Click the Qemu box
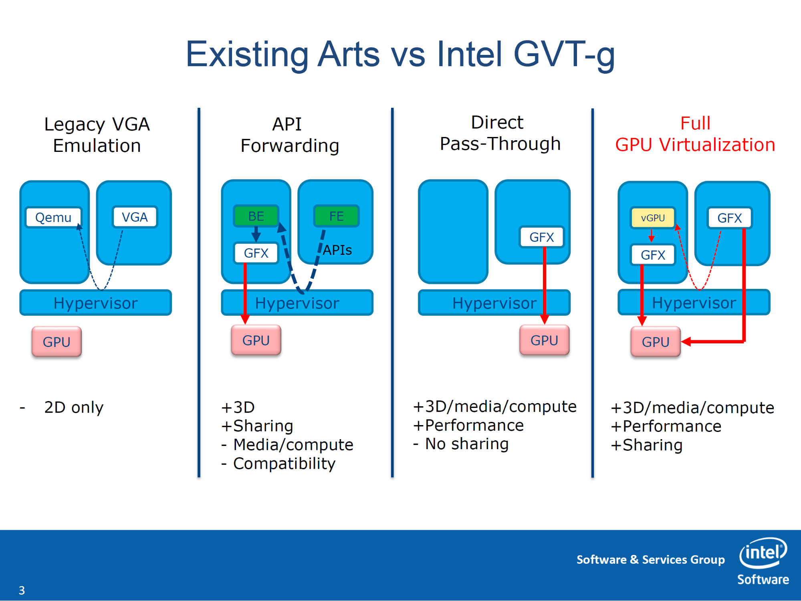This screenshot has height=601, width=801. click(53, 217)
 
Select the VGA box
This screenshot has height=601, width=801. click(135, 217)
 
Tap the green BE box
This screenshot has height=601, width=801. click(256, 216)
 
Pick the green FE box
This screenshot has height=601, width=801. click(336, 216)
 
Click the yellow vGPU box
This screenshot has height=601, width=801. click(652, 218)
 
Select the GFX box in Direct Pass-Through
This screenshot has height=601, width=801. click(541, 237)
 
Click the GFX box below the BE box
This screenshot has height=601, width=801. click(256, 253)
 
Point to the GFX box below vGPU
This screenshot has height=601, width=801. click(653, 255)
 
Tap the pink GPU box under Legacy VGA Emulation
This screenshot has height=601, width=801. click(56, 342)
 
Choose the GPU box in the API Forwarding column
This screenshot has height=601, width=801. click(256, 340)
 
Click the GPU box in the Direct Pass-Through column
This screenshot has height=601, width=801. click(544, 340)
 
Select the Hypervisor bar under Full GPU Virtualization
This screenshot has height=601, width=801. click(694, 303)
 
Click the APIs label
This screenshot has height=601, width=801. click(337, 250)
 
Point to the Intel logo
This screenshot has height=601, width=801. click(763, 553)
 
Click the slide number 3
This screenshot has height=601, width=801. click(22, 590)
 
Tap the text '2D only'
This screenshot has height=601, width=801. click(74, 407)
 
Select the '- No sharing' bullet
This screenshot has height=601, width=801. click(461, 444)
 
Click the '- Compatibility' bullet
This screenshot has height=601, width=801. click(278, 464)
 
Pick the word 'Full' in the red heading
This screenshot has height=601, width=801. click(695, 123)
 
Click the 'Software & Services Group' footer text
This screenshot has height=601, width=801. click(650, 560)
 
